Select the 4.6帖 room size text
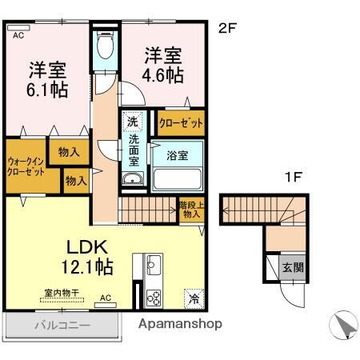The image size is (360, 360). point(164,75)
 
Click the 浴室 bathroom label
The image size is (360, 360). point(178,155)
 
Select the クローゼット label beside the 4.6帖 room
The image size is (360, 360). point(180,123)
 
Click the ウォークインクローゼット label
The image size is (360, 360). point(26,166)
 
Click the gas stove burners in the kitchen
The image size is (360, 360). point(153,297)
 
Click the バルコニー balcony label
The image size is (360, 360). point(61,326)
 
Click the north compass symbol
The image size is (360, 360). point(342,326)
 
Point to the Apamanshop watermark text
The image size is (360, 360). point(180,324)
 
